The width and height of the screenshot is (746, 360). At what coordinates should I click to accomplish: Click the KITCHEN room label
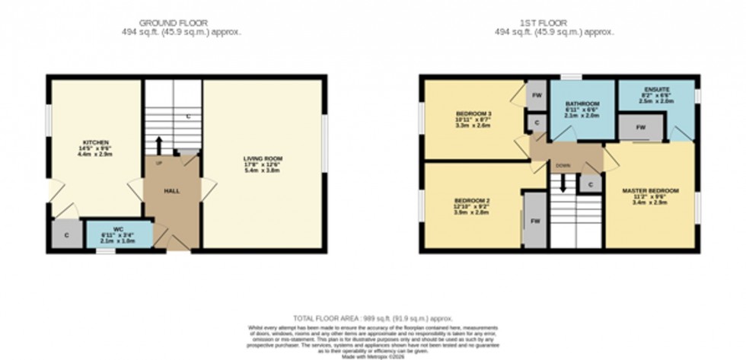coord(97,142)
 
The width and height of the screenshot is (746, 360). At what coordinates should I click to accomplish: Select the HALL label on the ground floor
coord(171,190)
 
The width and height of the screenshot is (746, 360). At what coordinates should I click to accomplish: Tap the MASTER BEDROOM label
coord(649,190)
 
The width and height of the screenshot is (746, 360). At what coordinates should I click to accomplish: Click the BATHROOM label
coord(582,104)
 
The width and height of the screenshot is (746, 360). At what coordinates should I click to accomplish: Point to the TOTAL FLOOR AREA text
coord(373,317)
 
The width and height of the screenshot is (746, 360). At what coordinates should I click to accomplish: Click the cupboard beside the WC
coord(67,235)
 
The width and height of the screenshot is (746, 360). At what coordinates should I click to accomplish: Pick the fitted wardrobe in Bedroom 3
coord(537,95)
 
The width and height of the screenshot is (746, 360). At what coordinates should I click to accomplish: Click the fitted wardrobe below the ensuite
coord(640,128)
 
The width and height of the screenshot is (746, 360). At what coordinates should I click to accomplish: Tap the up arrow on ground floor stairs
coord(159,145)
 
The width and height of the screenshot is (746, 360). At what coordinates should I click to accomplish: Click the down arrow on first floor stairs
coord(563,183)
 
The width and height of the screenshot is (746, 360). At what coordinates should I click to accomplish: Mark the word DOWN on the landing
coord(563,164)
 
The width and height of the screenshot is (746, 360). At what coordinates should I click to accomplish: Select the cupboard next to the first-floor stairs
coord(591,183)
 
